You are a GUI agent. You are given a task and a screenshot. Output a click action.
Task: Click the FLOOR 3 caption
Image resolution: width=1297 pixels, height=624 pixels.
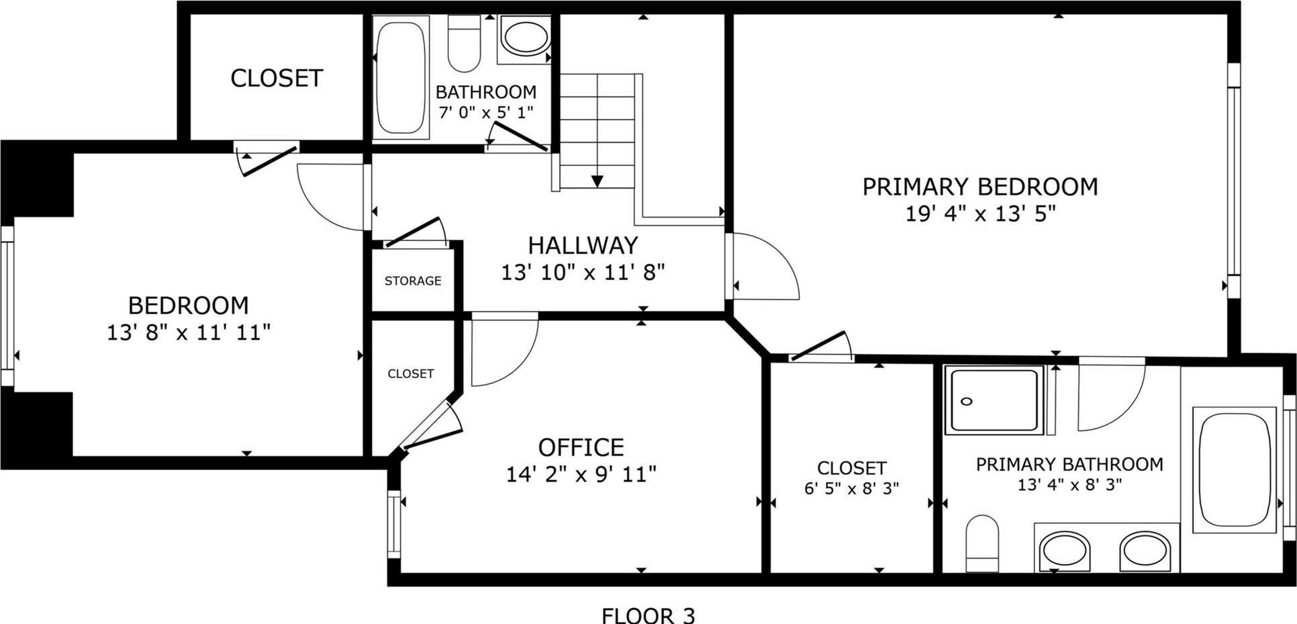pos(648,615)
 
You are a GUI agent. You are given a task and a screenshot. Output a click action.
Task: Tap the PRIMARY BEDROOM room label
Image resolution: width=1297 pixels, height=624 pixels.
pos(979,187)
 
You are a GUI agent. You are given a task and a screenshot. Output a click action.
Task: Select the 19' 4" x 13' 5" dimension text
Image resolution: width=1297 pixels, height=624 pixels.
pos(979,214)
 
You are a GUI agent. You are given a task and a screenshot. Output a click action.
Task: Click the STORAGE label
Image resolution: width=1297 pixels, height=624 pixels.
pos(413,281)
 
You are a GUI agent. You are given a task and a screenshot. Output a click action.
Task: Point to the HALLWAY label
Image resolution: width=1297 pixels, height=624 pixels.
pos(583,245)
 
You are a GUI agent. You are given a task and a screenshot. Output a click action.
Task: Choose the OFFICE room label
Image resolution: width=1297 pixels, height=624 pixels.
pos(581,447)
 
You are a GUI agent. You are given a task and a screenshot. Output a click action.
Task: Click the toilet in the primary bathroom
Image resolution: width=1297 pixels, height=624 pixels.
pos(982,543)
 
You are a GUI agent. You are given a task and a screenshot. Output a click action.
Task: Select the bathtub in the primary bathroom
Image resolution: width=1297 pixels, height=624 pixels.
pos(1235,470)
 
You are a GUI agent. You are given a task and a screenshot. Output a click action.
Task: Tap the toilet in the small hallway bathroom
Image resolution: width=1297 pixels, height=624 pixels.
pos(463,44)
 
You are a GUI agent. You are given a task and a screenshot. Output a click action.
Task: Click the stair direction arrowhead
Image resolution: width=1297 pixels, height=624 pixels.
pos(597,181)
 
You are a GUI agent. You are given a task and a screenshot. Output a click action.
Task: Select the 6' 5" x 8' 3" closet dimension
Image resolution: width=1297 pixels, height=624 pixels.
pos(851,488)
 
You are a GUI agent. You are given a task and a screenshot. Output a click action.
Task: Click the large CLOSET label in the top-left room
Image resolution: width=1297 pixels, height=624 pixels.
pos(277,79)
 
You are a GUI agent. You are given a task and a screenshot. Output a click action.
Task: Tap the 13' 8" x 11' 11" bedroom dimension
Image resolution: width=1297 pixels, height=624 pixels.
pos(189,332)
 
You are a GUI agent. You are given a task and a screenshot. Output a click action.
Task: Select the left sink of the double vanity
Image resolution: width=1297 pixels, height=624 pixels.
pos(1065,551)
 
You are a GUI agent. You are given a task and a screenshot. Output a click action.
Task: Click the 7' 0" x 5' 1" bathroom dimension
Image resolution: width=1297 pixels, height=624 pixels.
pos(485,112)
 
